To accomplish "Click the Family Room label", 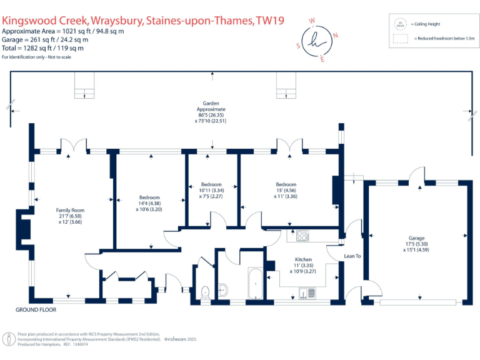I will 71,210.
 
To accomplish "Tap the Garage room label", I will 416,238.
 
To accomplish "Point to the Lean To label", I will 353,256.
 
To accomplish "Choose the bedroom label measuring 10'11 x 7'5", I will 211,185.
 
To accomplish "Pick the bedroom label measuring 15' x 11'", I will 286,184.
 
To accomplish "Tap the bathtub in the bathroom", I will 254,285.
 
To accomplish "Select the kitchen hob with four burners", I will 302,236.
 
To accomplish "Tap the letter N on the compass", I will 336,35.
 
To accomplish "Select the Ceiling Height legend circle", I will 399,23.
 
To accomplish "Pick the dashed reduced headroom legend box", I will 399,39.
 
